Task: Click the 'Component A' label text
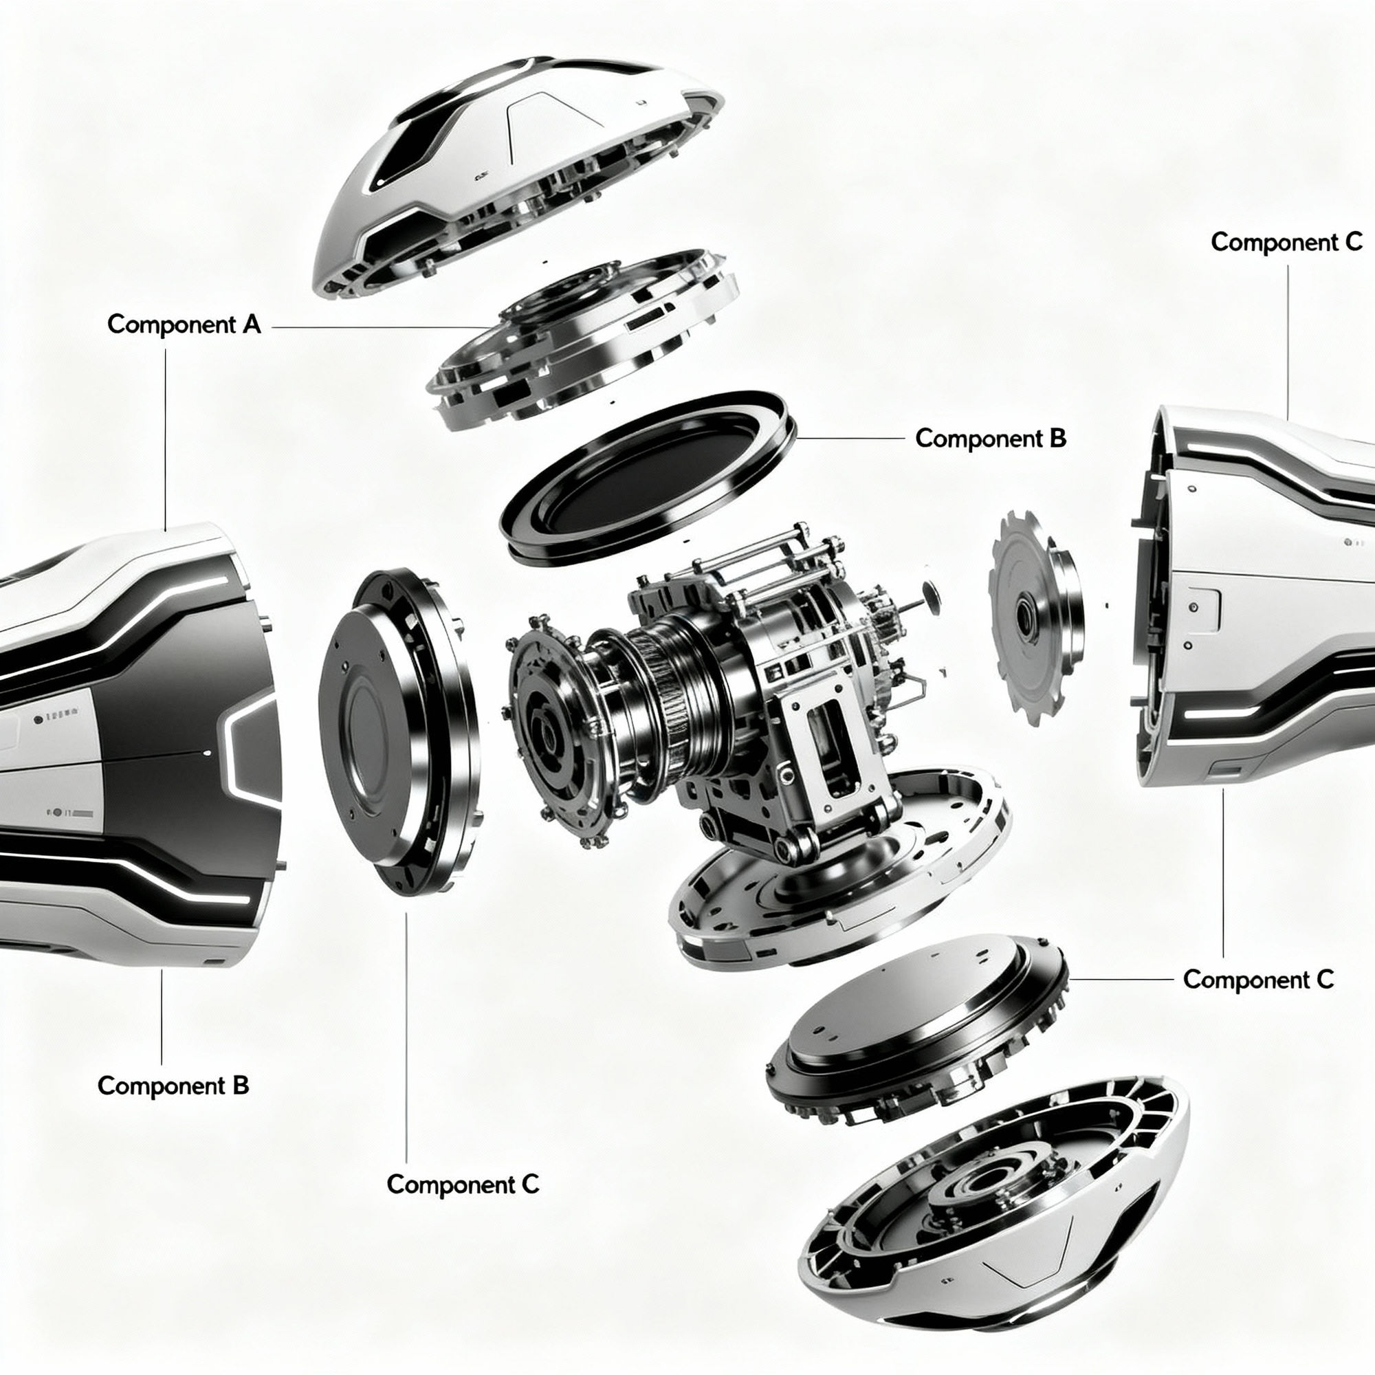(x=184, y=324)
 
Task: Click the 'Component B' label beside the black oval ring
(x=990, y=439)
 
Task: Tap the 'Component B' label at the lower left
(x=173, y=1086)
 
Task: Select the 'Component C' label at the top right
(x=1286, y=242)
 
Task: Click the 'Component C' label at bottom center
(x=463, y=1185)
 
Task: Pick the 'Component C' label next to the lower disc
(x=1257, y=979)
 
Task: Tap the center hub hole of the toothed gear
(x=1026, y=610)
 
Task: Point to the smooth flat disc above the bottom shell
(x=918, y=1017)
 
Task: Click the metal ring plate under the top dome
(x=584, y=335)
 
